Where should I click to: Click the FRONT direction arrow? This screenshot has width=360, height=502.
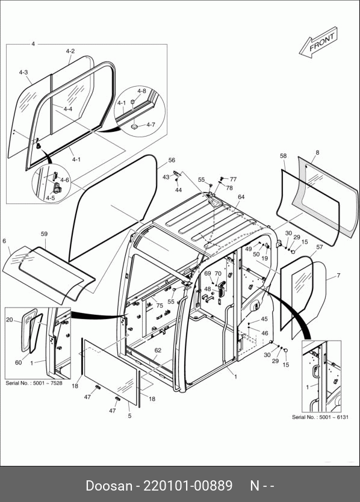318,43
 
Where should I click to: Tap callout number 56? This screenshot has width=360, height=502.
172,160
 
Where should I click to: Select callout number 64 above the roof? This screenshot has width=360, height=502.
241,197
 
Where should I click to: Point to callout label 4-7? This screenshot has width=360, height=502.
151,125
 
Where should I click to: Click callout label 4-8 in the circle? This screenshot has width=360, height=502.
141,91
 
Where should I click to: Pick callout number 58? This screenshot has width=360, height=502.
283,156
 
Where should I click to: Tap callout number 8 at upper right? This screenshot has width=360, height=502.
317,152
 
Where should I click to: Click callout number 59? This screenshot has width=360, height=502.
44,234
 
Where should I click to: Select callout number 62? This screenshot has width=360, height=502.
158,350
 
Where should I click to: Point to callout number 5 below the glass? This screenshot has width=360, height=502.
129,416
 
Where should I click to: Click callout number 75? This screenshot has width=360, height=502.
160,305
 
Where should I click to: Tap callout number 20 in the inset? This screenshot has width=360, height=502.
10,320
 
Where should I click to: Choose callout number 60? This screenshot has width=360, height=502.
19,362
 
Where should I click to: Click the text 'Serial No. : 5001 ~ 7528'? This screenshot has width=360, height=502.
34,383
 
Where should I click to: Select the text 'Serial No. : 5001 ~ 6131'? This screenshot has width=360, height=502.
320,417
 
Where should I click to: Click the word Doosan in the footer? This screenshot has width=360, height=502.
109,486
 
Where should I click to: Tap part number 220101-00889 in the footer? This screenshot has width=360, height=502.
188,486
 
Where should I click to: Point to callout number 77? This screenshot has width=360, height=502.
233,179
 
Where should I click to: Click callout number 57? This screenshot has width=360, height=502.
320,247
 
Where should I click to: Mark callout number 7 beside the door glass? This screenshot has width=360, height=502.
338,275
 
